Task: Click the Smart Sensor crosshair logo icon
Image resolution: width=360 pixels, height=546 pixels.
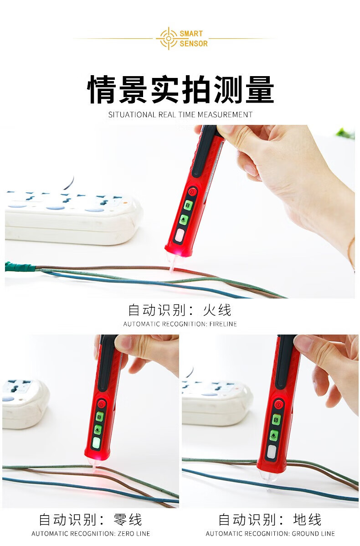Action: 169,38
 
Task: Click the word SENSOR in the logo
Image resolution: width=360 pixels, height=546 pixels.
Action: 194,44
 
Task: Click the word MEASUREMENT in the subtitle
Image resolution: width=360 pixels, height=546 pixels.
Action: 225,114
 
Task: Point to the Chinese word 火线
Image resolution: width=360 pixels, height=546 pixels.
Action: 217,310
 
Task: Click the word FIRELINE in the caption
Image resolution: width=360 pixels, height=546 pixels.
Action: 223,324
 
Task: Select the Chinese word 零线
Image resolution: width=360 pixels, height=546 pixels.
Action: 128,520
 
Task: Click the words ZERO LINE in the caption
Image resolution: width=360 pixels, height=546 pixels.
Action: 134,533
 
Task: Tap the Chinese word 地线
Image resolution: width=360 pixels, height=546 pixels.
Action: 307,520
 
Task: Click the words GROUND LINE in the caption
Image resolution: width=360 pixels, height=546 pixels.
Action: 314,533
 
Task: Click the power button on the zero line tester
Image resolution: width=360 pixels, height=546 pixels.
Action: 101,404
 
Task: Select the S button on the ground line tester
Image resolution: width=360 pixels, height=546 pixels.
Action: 277,420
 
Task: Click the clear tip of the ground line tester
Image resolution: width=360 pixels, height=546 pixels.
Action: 269,477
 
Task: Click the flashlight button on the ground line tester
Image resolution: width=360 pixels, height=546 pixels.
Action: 274,435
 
